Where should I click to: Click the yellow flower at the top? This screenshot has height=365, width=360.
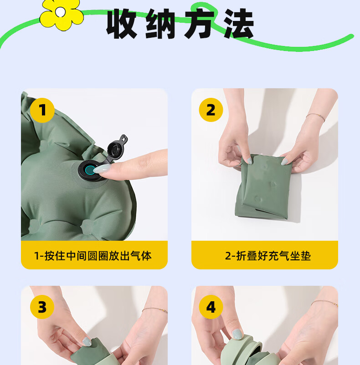click(x=62, y=14)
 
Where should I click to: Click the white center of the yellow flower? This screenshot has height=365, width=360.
click(x=60, y=12)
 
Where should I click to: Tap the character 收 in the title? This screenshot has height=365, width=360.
click(x=121, y=24)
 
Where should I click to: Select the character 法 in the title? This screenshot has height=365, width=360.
click(x=239, y=24)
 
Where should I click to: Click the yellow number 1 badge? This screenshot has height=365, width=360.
click(x=42, y=110)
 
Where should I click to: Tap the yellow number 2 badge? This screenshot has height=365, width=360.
click(x=211, y=110)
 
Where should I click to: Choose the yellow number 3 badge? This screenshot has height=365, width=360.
click(x=42, y=307)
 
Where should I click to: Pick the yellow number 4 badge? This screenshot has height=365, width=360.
click(x=211, y=307)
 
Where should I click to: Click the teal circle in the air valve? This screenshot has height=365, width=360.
click(x=90, y=170)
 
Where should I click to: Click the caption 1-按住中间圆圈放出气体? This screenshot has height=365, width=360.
click(x=93, y=256)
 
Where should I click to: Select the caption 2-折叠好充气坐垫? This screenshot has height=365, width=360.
click(x=268, y=256)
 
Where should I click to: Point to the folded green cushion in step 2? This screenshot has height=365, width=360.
click(x=263, y=186)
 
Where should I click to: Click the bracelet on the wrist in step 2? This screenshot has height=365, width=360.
click(x=315, y=117)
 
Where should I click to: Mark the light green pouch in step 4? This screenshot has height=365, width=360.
click(x=242, y=351)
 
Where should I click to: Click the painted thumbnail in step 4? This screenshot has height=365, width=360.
click(x=237, y=334)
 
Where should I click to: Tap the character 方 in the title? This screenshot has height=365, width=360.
click(x=200, y=24)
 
